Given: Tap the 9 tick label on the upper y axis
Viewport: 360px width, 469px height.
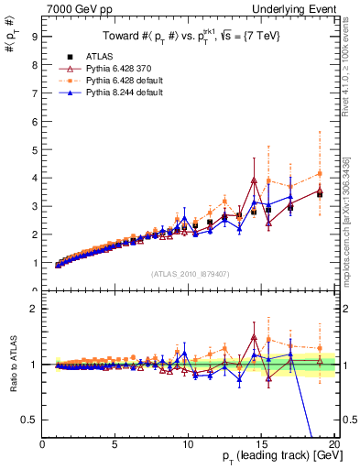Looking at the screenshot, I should (x=33, y=37).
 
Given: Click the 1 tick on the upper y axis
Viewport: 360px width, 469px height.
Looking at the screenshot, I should (x=33, y=263).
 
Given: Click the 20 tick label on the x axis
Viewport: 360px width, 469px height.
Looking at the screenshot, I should (x=334, y=444).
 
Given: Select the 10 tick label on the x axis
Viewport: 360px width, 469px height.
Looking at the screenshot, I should (x=189, y=444).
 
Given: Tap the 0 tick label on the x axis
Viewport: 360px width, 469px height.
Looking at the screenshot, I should (x=43, y=444).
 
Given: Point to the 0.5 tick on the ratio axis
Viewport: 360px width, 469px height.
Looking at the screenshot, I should (x=29, y=420).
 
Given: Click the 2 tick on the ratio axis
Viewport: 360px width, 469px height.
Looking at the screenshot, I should (x=33, y=309).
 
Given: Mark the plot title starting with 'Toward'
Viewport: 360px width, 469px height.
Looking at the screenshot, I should (x=190, y=37).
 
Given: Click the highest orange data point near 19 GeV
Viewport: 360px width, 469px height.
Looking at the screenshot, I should (x=320, y=173).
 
